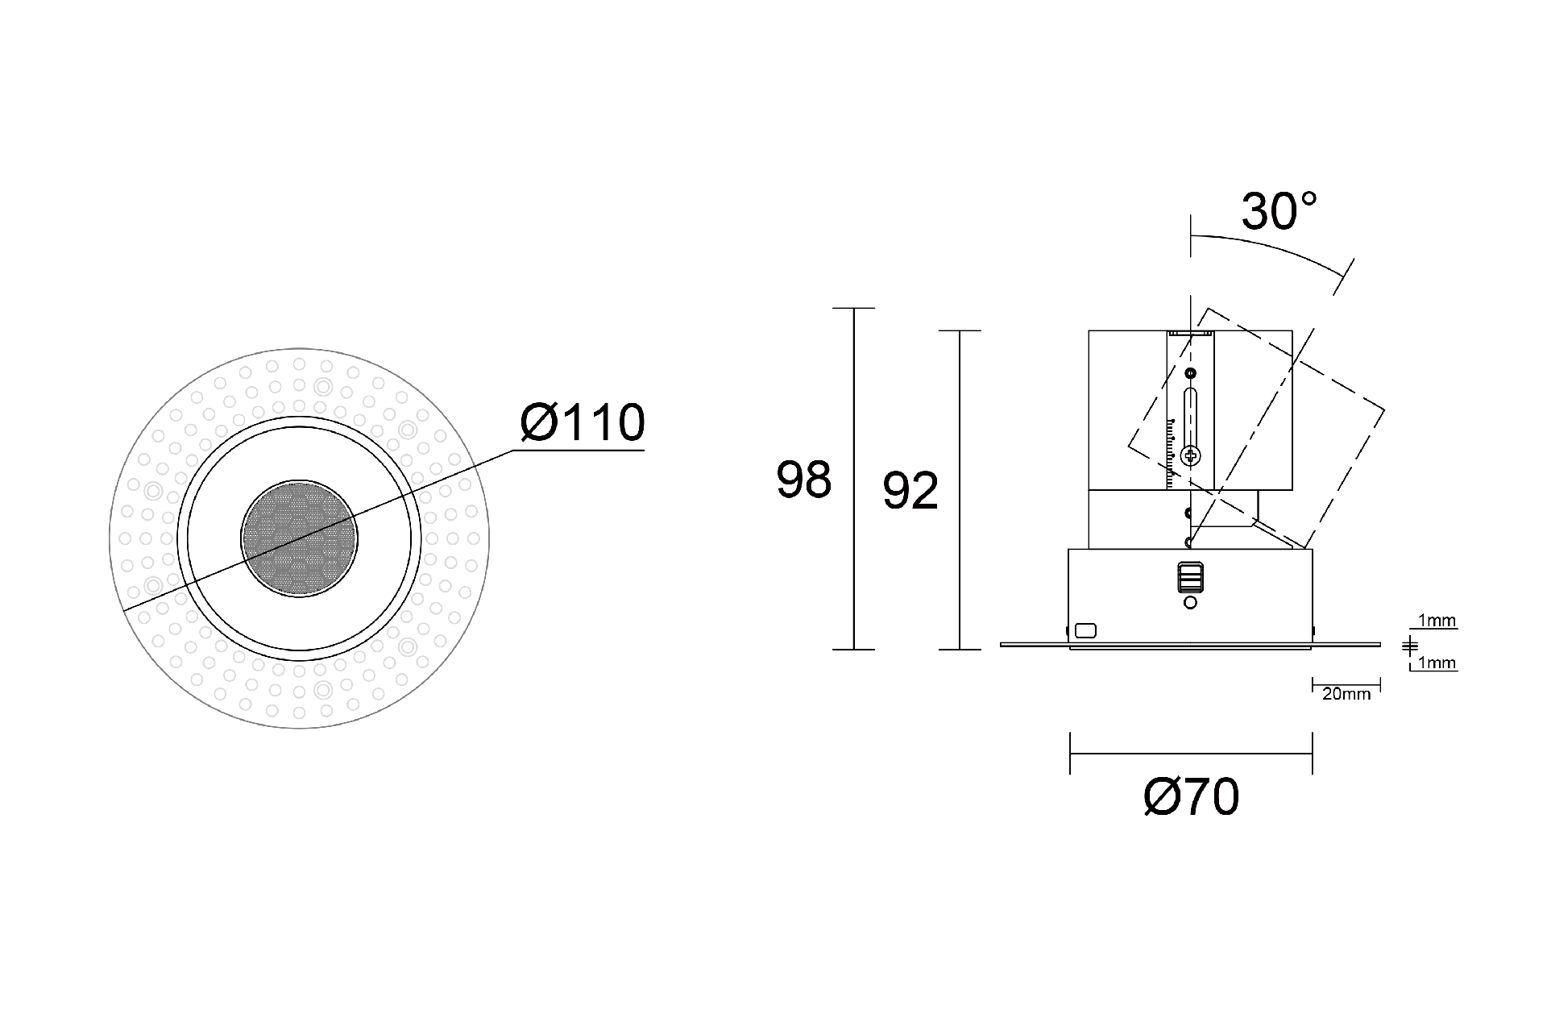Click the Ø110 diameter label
[583, 422]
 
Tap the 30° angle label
[1279, 211]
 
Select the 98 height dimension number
[803, 480]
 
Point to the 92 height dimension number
[910, 491]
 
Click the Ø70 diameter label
[1191, 797]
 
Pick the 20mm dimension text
[1346, 694]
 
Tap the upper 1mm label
[1437, 621]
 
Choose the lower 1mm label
[1437, 663]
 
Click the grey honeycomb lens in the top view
[299, 540]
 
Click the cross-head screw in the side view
[1191, 456]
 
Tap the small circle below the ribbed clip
[1191, 602]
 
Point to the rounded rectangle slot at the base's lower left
[1086, 630]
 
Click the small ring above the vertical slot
[1191, 373]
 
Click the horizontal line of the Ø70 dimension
[1191, 754]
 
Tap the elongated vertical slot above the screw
[1191, 415]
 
